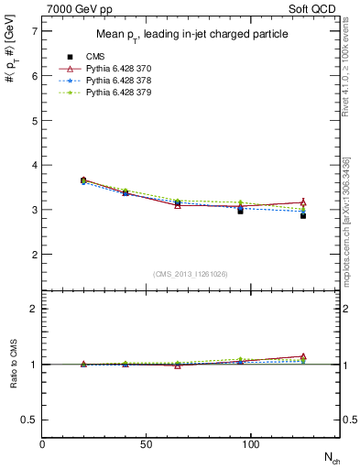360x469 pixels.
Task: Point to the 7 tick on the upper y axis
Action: pos(34,31)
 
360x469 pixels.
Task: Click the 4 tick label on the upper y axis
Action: pos(34,165)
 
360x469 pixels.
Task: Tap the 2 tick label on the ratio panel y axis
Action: pos(34,309)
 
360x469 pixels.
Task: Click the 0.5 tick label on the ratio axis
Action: pos(29,420)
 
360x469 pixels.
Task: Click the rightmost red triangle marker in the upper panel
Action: pos(303,202)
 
